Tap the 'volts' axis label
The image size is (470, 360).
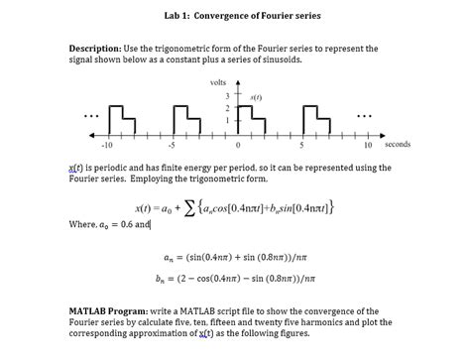click(218, 82)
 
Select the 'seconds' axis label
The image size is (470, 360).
click(397, 145)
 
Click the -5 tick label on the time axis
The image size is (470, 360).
click(172, 145)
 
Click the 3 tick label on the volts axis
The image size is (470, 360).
click(227, 95)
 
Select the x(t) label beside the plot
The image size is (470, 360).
click(255, 96)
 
